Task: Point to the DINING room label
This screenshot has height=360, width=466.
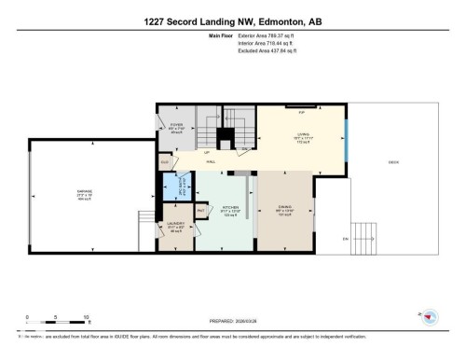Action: (285, 207)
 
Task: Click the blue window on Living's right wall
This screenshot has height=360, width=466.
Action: (348, 138)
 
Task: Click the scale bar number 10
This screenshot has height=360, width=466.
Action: (86, 317)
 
